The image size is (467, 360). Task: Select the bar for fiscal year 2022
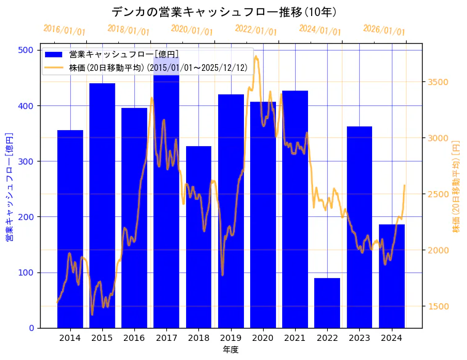click(x=327, y=303)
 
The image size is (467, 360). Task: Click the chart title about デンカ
click(x=224, y=12)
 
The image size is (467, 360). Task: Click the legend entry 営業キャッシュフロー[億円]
click(x=124, y=55)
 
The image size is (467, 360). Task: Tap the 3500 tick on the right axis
click(x=437, y=82)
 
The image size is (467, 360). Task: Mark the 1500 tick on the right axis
click(x=437, y=306)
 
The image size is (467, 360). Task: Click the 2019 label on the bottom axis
click(x=231, y=338)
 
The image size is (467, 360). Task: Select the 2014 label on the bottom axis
click(x=70, y=338)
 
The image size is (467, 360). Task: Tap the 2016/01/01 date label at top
click(x=64, y=30)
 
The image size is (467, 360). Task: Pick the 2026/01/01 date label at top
click(x=384, y=30)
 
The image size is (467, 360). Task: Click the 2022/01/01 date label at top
click(x=256, y=30)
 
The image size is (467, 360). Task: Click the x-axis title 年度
click(x=231, y=350)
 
